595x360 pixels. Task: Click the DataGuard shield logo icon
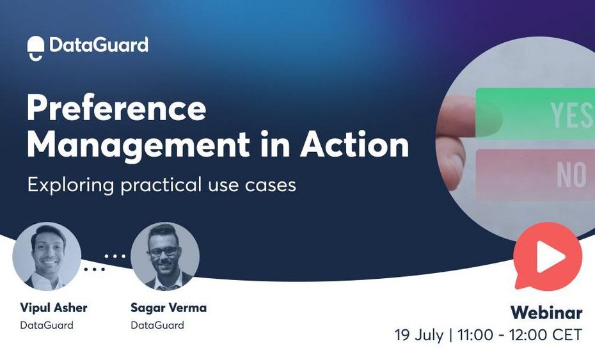click(x=36, y=48)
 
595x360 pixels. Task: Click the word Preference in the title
click(x=116, y=108)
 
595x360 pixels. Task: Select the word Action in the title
click(x=354, y=144)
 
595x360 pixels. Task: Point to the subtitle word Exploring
click(x=70, y=185)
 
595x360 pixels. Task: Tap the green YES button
click(x=535, y=113)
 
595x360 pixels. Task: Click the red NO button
click(x=535, y=175)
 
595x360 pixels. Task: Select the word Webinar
click(x=546, y=313)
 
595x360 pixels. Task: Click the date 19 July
click(x=419, y=335)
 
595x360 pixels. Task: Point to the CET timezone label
click(x=567, y=335)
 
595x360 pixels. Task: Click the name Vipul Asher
click(x=54, y=308)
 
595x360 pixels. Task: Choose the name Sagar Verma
click(x=168, y=308)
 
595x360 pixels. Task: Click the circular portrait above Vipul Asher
click(x=47, y=256)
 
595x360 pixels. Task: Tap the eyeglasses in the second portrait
click(x=164, y=251)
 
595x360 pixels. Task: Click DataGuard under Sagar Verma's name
click(x=157, y=325)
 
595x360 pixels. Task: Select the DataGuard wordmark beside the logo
click(x=99, y=45)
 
